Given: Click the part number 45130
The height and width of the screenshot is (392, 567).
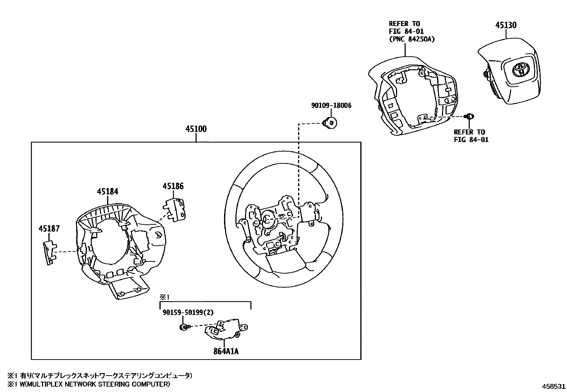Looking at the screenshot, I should point(506,25).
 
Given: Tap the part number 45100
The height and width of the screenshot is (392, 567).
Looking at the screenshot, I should point(196,129).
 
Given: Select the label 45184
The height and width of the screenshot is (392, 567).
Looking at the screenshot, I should point(108,192).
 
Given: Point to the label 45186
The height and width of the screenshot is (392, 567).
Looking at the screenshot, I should point(173,186).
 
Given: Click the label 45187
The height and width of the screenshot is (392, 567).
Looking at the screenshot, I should point(49,229).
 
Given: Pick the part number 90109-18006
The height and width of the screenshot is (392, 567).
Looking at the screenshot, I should point(331,106).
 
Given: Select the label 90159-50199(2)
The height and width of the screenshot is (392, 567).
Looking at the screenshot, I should point(188,312).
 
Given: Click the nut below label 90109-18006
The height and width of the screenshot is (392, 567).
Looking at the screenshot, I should point(331,122).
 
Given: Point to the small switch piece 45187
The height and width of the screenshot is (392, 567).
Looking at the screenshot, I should point(50,252).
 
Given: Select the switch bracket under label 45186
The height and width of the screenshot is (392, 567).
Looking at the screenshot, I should point(174,210).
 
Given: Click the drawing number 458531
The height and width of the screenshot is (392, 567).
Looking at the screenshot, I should point(553,386).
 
